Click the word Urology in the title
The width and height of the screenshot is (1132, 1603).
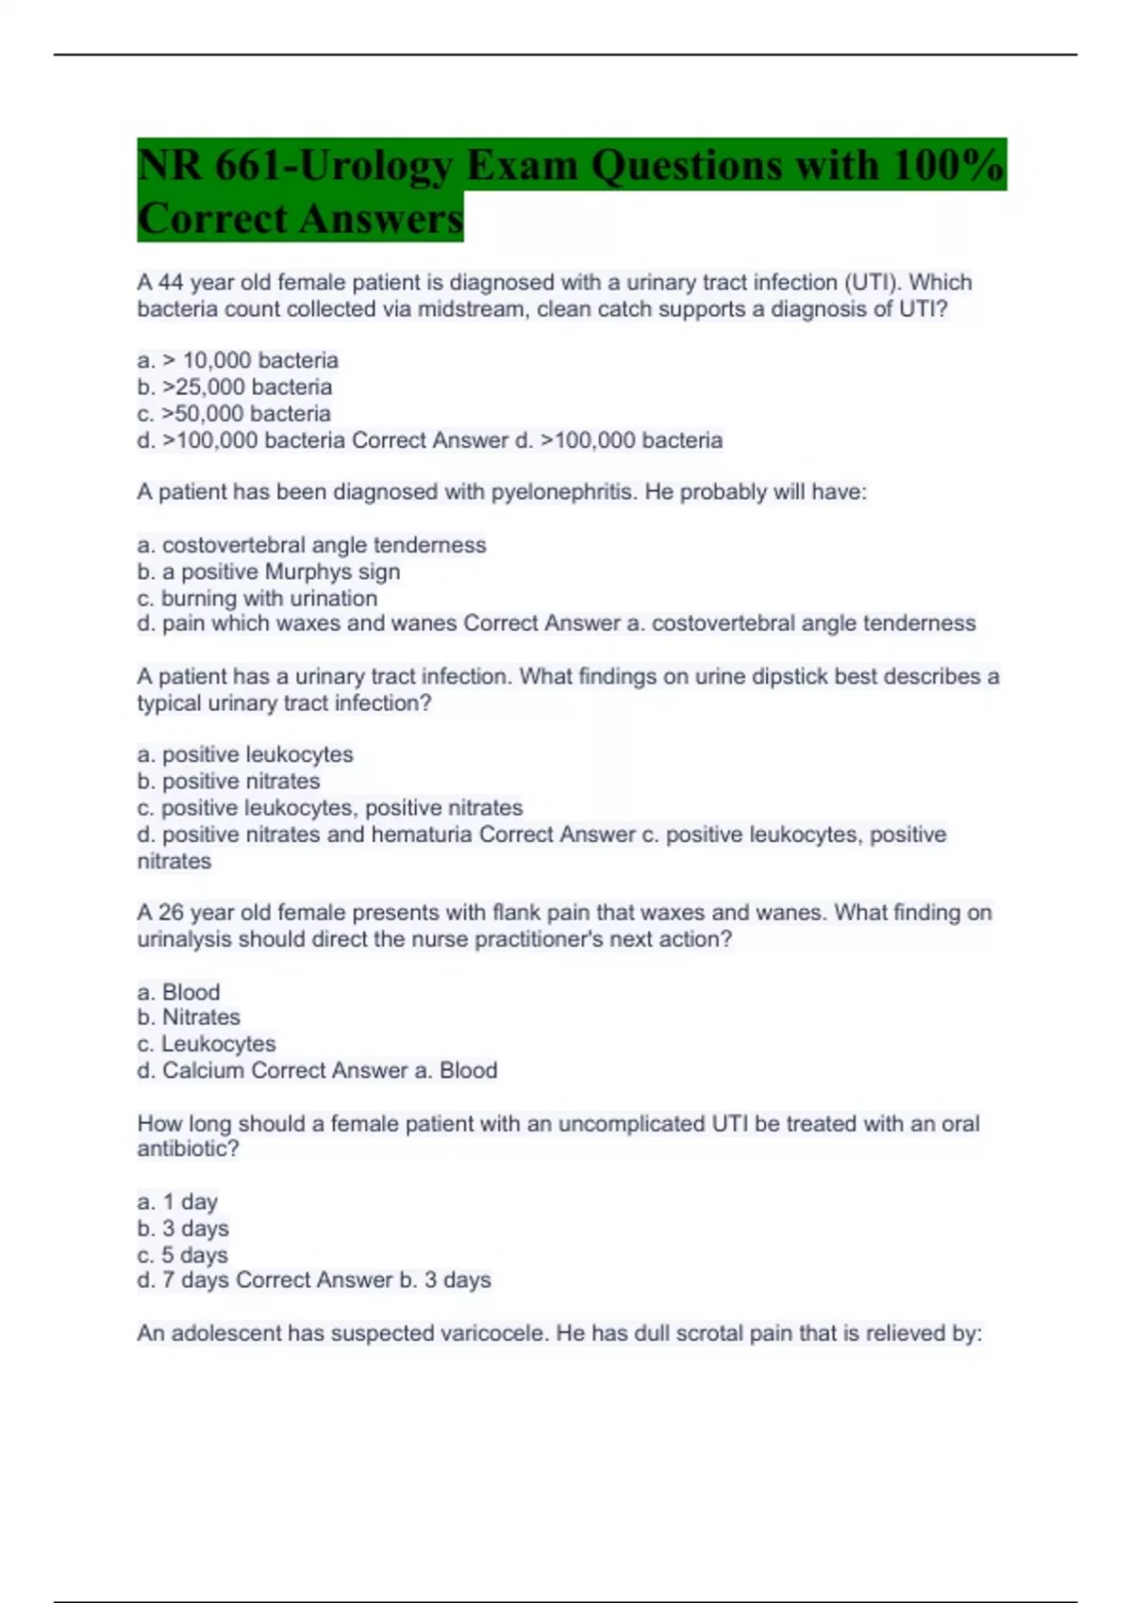pos(375,167)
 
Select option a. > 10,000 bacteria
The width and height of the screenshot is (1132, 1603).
pos(238,360)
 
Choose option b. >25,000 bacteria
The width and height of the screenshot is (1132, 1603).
pos(234,387)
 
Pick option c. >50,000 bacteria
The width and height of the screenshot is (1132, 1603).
pos(234,413)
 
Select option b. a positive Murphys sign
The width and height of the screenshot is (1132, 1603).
pos(268,571)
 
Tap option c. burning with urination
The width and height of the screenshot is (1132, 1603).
pos(257,598)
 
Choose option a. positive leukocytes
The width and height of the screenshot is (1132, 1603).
pos(245,754)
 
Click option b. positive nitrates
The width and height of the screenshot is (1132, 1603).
pos(228,781)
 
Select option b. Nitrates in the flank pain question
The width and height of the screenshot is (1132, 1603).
pos(189,1017)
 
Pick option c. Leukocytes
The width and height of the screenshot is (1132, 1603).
pos(206,1044)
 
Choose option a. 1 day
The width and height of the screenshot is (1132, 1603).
pos(177,1202)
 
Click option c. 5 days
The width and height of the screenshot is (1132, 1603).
pos(182,1255)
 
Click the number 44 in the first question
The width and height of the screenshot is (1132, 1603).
pos(171,283)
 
